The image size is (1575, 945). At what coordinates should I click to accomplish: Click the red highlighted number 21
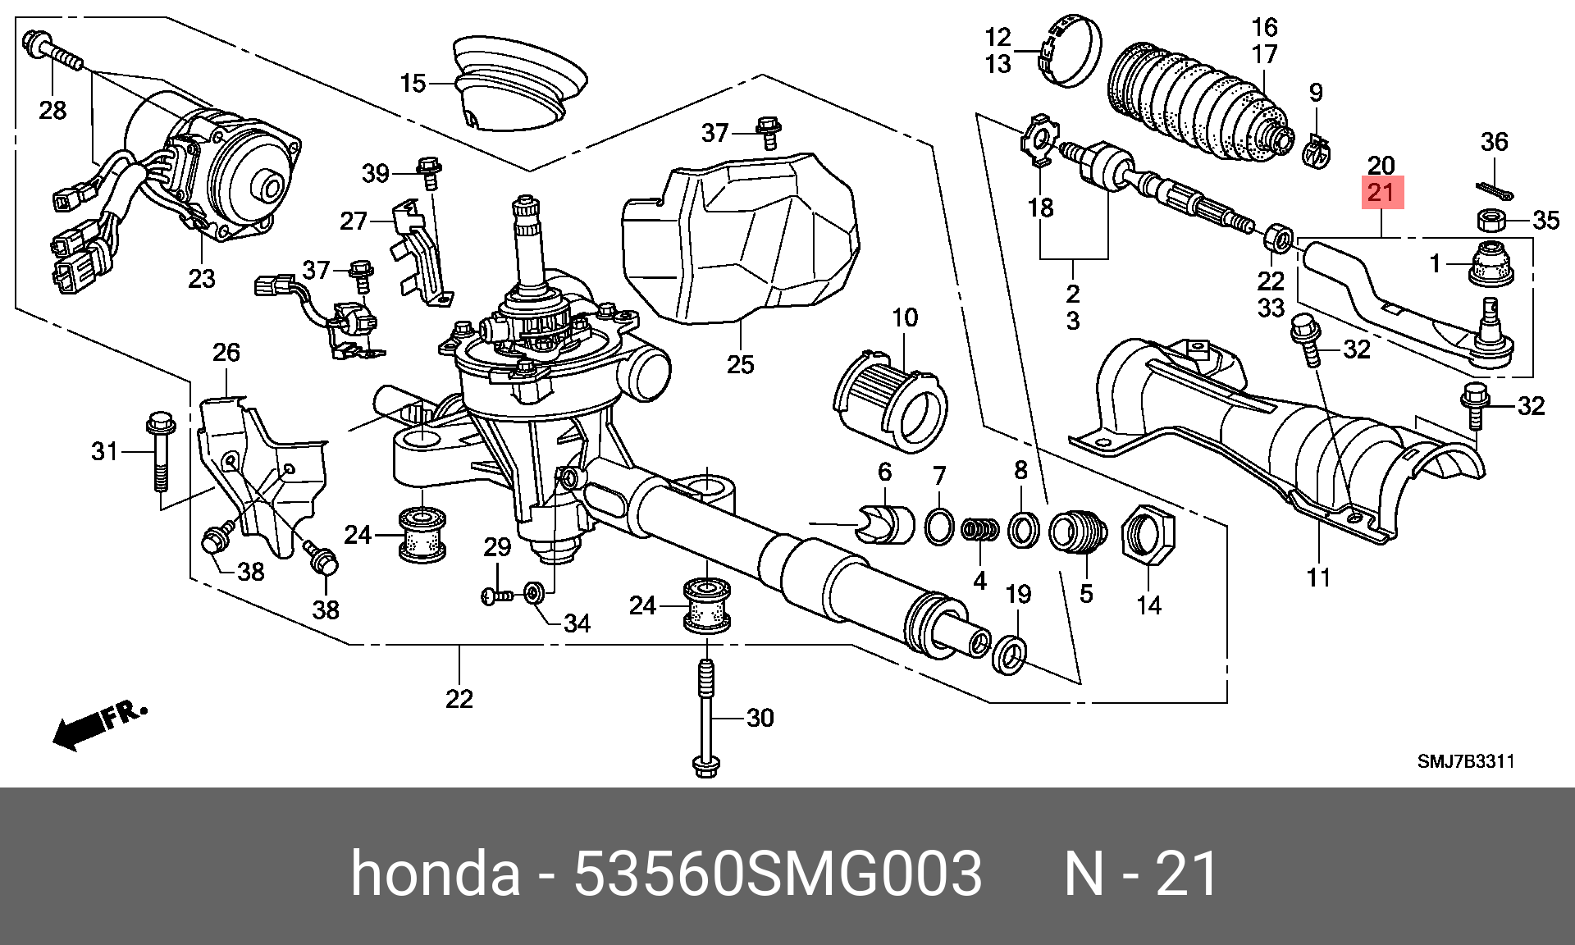[x=1381, y=194]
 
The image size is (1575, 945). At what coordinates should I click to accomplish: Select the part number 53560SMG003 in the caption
[x=777, y=874]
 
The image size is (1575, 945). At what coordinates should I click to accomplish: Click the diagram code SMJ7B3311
[x=1465, y=761]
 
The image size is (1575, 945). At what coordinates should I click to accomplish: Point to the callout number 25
[x=740, y=364]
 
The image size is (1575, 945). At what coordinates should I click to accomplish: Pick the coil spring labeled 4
[x=980, y=529]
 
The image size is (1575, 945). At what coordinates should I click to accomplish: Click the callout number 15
[x=413, y=84]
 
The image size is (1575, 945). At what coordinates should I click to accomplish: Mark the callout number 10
[x=905, y=317]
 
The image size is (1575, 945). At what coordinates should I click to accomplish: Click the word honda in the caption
[x=436, y=874]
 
